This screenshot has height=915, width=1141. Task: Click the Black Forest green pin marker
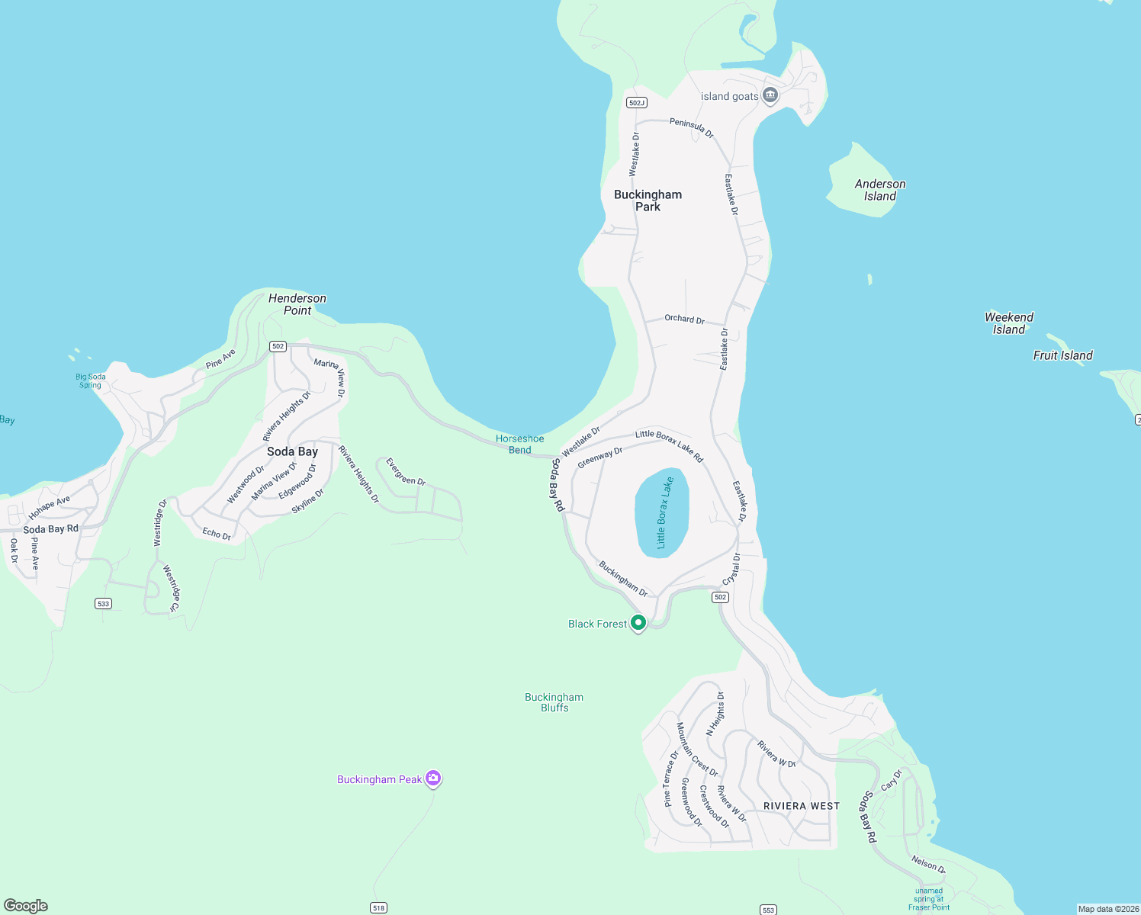[x=638, y=622]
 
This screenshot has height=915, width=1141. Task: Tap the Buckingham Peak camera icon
[x=433, y=779]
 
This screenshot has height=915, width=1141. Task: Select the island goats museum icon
[x=770, y=95]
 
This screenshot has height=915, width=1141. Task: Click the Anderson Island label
[x=879, y=190]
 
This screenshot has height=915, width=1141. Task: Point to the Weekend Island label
[x=1008, y=323]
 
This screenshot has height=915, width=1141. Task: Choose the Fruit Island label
[x=1062, y=355]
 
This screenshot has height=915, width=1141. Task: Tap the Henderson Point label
[x=297, y=304]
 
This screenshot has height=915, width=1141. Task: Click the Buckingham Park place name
[x=648, y=201]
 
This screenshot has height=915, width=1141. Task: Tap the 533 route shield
[x=104, y=604]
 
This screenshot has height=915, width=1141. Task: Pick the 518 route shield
[x=378, y=907]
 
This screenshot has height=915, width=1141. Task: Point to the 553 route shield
[x=768, y=910]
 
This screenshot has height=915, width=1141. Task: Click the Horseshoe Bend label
[x=520, y=444]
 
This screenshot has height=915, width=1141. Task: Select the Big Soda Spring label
[x=91, y=380]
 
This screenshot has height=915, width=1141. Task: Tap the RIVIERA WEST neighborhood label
[x=801, y=806]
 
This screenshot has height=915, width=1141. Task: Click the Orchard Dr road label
[x=684, y=319]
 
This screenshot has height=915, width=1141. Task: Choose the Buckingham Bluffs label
[x=554, y=702]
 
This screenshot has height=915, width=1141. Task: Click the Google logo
[x=26, y=906]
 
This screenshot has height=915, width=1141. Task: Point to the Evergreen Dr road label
[x=405, y=472]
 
